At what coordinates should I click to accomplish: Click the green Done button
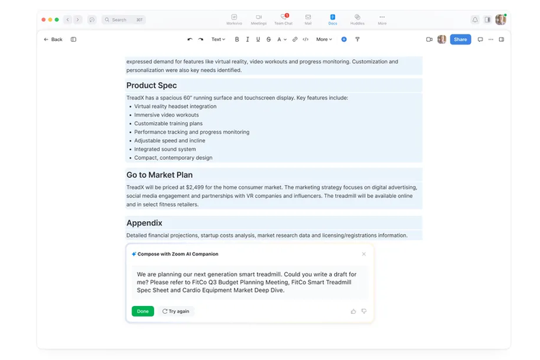tap(143, 311)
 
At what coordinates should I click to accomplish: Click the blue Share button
tap(460, 40)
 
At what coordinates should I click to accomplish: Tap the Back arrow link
tap(53, 40)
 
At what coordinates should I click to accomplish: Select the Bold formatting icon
tap(237, 40)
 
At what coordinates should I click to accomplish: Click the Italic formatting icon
tap(248, 40)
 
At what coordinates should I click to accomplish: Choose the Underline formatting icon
tap(258, 40)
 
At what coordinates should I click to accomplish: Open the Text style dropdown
tap(217, 40)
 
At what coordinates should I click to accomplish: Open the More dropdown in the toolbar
tap(324, 40)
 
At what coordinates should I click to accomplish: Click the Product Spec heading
tap(152, 86)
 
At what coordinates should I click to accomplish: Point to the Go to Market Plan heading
tap(160, 175)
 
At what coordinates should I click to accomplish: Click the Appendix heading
tap(145, 223)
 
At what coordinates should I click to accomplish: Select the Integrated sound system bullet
tap(165, 149)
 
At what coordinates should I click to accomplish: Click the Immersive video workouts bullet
tap(166, 115)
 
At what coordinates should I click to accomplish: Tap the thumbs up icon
tap(354, 311)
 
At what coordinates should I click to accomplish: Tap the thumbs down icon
tap(364, 311)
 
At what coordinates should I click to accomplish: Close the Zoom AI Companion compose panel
tap(364, 254)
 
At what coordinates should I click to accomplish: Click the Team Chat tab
tap(284, 19)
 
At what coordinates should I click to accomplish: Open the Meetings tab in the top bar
tap(258, 19)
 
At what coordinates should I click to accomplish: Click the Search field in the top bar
tap(124, 19)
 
